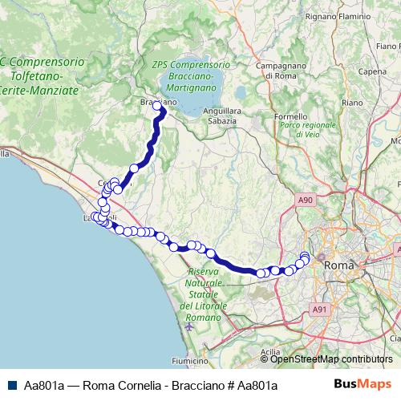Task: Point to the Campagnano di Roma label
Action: [x=282, y=71]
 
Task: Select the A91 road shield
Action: [x=320, y=308]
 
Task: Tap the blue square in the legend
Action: [x=11, y=386]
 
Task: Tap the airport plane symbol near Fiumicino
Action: [x=189, y=326]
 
